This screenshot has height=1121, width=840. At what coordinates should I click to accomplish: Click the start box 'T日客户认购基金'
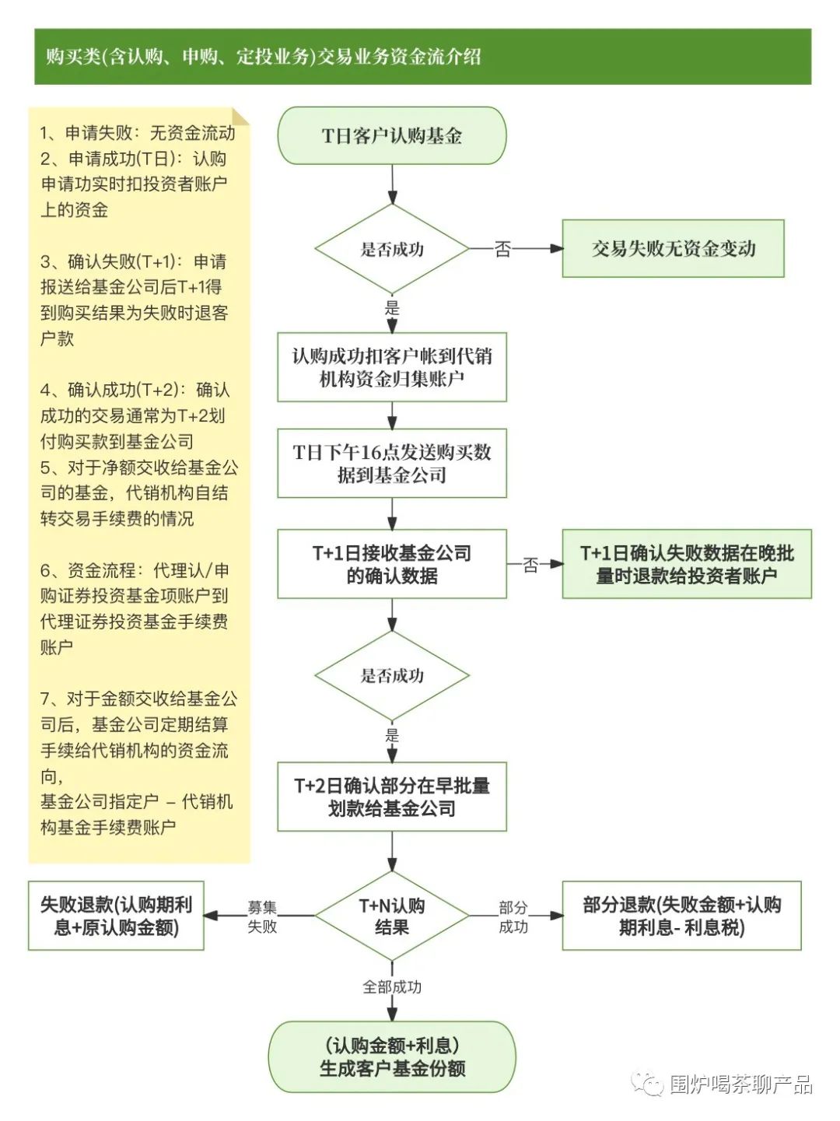[x=392, y=136]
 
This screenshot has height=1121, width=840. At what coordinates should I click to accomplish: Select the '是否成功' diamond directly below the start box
[x=392, y=249]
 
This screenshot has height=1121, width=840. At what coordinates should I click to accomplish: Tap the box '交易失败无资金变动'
[x=673, y=249]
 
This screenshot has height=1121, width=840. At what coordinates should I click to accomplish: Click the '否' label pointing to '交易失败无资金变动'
[x=503, y=249]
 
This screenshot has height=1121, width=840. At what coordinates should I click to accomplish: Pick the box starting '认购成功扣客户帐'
[x=392, y=367]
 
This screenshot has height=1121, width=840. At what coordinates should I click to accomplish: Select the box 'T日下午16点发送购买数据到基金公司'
[x=392, y=464]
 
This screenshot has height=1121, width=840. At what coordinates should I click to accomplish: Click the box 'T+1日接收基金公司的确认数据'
[x=392, y=564]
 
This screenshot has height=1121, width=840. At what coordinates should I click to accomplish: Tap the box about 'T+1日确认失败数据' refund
[x=686, y=564]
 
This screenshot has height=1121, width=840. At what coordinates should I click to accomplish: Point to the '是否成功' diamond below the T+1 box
[x=392, y=675]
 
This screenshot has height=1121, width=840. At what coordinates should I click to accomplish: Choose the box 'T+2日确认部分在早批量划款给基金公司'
[x=392, y=797]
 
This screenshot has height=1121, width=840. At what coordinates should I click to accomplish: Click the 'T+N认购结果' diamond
[x=392, y=916]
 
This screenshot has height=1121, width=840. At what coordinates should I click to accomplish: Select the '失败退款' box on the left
[x=116, y=916]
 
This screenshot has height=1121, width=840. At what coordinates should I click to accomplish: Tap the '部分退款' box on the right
[x=681, y=916]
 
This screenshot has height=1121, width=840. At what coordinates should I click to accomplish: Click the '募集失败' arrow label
[x=262, y=916]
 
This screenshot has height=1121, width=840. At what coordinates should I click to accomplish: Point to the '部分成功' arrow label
[x=513, y=916]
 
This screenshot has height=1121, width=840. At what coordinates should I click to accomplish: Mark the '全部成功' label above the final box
[x=392, y=986]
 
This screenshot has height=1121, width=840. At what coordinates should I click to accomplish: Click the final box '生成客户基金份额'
[x=392, y=1056]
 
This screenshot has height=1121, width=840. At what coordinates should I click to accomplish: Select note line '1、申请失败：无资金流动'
[x=138, y=133]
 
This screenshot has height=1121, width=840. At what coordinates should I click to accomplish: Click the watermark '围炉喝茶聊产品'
[x=740, y=1084]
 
